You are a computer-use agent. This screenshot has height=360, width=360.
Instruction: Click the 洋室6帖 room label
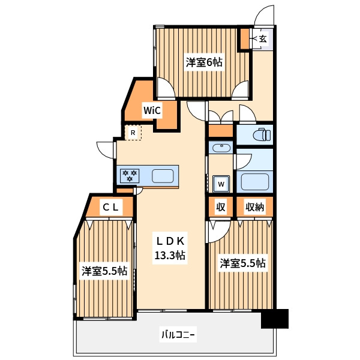(x=204, y=62)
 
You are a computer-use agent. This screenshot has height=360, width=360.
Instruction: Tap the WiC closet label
(x=151, y=110)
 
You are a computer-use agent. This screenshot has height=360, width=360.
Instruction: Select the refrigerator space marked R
(x=133, y=132)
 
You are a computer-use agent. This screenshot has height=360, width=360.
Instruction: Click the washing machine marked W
(x=221, y=183)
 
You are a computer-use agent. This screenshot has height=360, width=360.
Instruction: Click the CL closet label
(x=111, y=208)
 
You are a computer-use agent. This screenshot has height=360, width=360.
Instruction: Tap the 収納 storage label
(x=255, y=208)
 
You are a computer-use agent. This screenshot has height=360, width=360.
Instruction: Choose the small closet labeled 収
(x=221, y=208)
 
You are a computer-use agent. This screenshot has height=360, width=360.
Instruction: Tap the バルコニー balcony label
(x=178, y=334)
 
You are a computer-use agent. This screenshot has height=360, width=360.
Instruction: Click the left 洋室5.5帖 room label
(x=104, y=271)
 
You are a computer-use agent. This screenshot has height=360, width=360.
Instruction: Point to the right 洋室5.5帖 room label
(x=242, y=263)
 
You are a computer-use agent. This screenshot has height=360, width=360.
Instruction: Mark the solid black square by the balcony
(x=275, y=319)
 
